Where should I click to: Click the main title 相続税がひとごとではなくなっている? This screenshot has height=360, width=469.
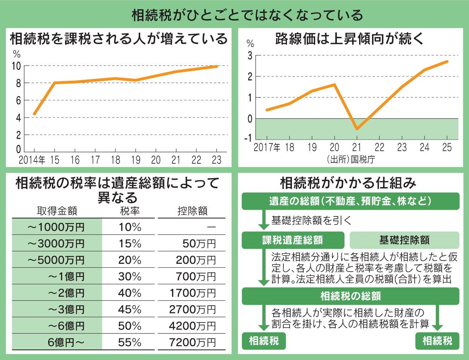click(234, 15)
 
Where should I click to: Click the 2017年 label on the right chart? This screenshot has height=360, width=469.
click(267, 148)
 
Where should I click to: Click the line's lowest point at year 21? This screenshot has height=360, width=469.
click(357, 129)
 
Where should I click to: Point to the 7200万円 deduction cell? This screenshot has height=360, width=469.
click(192, 343)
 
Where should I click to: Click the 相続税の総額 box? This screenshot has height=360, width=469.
click(350, 296)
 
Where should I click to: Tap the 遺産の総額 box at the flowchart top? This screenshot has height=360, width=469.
click(350, 201)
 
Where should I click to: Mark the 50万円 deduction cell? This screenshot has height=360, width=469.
click(199, 244)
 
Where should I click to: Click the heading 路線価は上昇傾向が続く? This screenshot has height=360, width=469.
click(350, 39)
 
